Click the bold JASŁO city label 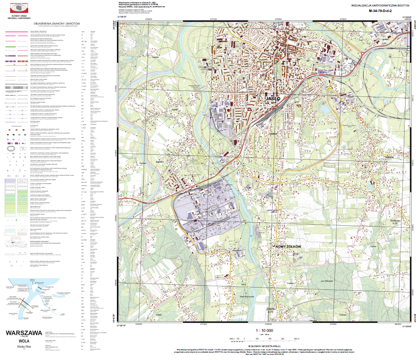click(x=273, y=99)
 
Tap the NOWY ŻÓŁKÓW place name click(x=288, y=247)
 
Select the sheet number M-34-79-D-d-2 click(x=377, y=11)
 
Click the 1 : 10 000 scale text click(x=264, y=330)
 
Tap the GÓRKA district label click(x=273, y=133)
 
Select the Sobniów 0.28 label click(x=395, y=222)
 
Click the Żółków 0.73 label click(x=271, y=310)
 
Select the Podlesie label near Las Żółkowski click(x=290, y=283)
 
